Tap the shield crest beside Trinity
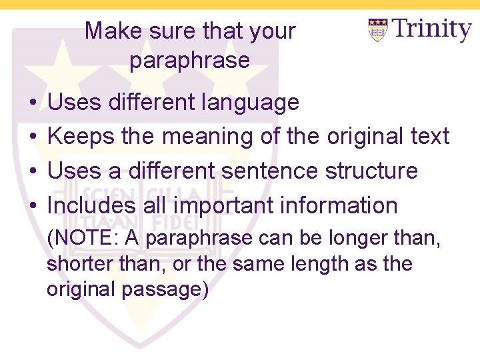(x=378, y=31)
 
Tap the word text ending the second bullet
(x=429, y=137)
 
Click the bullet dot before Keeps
(x=33, y=137)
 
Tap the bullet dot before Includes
(x=33, y=206)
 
